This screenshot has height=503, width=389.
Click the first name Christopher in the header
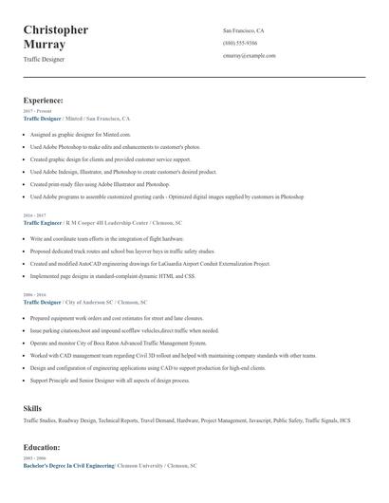click(56, 29)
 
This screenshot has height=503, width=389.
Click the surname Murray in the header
click(45, 45)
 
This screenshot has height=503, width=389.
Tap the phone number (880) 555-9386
click(240, 44)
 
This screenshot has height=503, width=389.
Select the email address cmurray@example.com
click(250, 56)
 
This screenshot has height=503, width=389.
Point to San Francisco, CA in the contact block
click(244, 30)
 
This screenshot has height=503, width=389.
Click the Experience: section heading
click(44, 100)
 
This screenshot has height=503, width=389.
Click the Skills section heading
click(32, 407)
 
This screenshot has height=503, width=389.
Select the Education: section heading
click(42, 447)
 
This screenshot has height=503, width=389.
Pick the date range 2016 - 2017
click(34, 215)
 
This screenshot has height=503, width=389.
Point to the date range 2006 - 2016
click(34, 294)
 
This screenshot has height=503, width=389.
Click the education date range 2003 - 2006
click(34, 458)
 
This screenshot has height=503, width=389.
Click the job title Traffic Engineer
click(43, 222)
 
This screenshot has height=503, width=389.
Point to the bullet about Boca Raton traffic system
click(119, 343)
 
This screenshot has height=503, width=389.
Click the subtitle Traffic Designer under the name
click(44, 59)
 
